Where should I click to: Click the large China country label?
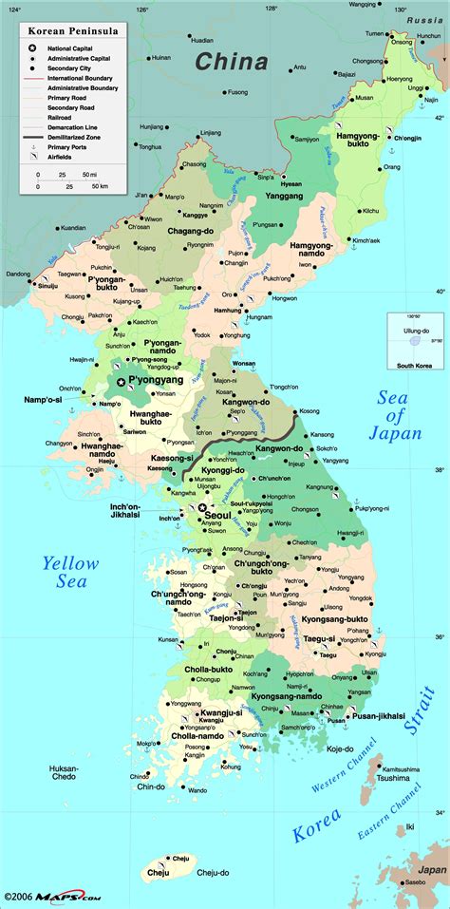[x=232, y=62]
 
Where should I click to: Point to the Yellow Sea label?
[x=70, y=573]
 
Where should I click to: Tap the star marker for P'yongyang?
[x=121, y=382]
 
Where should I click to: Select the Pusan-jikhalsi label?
[x=379, y=715]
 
